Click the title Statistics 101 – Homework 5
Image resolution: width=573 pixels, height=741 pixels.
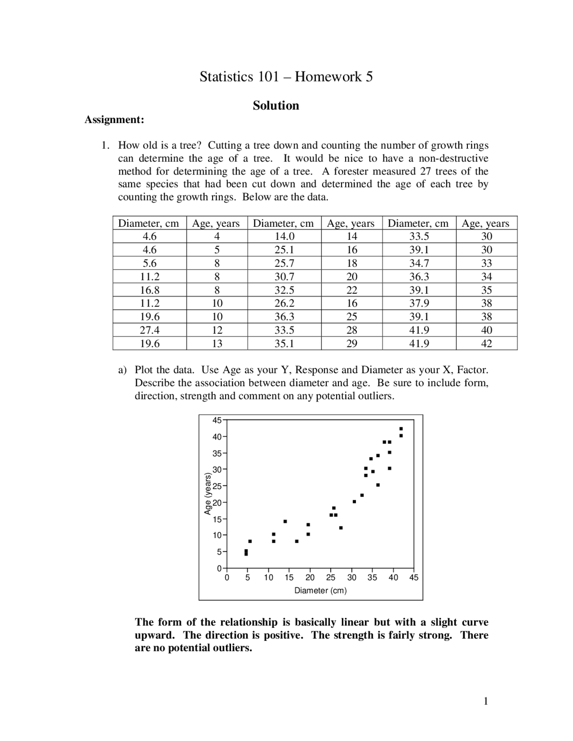click(286, 77)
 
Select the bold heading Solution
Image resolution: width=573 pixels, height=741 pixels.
click(276, 106)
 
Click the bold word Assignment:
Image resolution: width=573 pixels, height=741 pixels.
click(115, 119)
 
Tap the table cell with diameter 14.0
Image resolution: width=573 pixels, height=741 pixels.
click(284, 236)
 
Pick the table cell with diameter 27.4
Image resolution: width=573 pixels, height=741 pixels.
click(150, 330)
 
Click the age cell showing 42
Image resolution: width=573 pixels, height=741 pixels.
click(486, 344)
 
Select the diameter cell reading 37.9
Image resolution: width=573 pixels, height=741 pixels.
click(419, 303)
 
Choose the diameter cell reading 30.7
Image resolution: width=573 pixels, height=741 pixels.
click(284, 277)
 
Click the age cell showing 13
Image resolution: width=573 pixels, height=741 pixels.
click(217, 344)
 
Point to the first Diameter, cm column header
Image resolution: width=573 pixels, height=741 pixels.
click(149, 223)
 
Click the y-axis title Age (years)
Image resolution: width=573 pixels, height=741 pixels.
click(208, 494)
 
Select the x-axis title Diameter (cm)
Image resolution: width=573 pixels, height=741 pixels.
click(321, 590)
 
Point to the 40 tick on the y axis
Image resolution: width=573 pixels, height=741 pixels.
click(217, 436)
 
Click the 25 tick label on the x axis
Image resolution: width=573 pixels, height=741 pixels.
click(331, 577)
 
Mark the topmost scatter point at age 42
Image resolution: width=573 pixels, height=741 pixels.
click(401, 429)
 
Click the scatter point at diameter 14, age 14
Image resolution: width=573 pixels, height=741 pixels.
click(285, 521)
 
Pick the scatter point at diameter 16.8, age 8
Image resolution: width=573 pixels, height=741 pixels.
click(297, 541)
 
